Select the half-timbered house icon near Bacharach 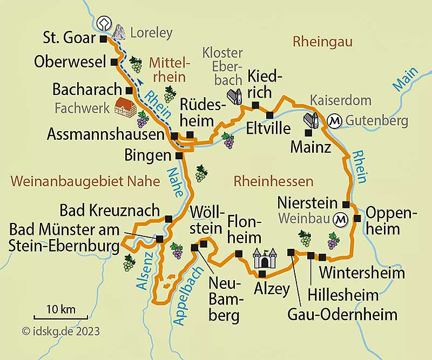[126, 107]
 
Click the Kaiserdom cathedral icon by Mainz [312, 120]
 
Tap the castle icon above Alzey [265, 259]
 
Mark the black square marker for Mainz [308, 132]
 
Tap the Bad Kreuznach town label [109, 209]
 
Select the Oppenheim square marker [357, 218]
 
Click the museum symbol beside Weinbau [341, 220]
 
